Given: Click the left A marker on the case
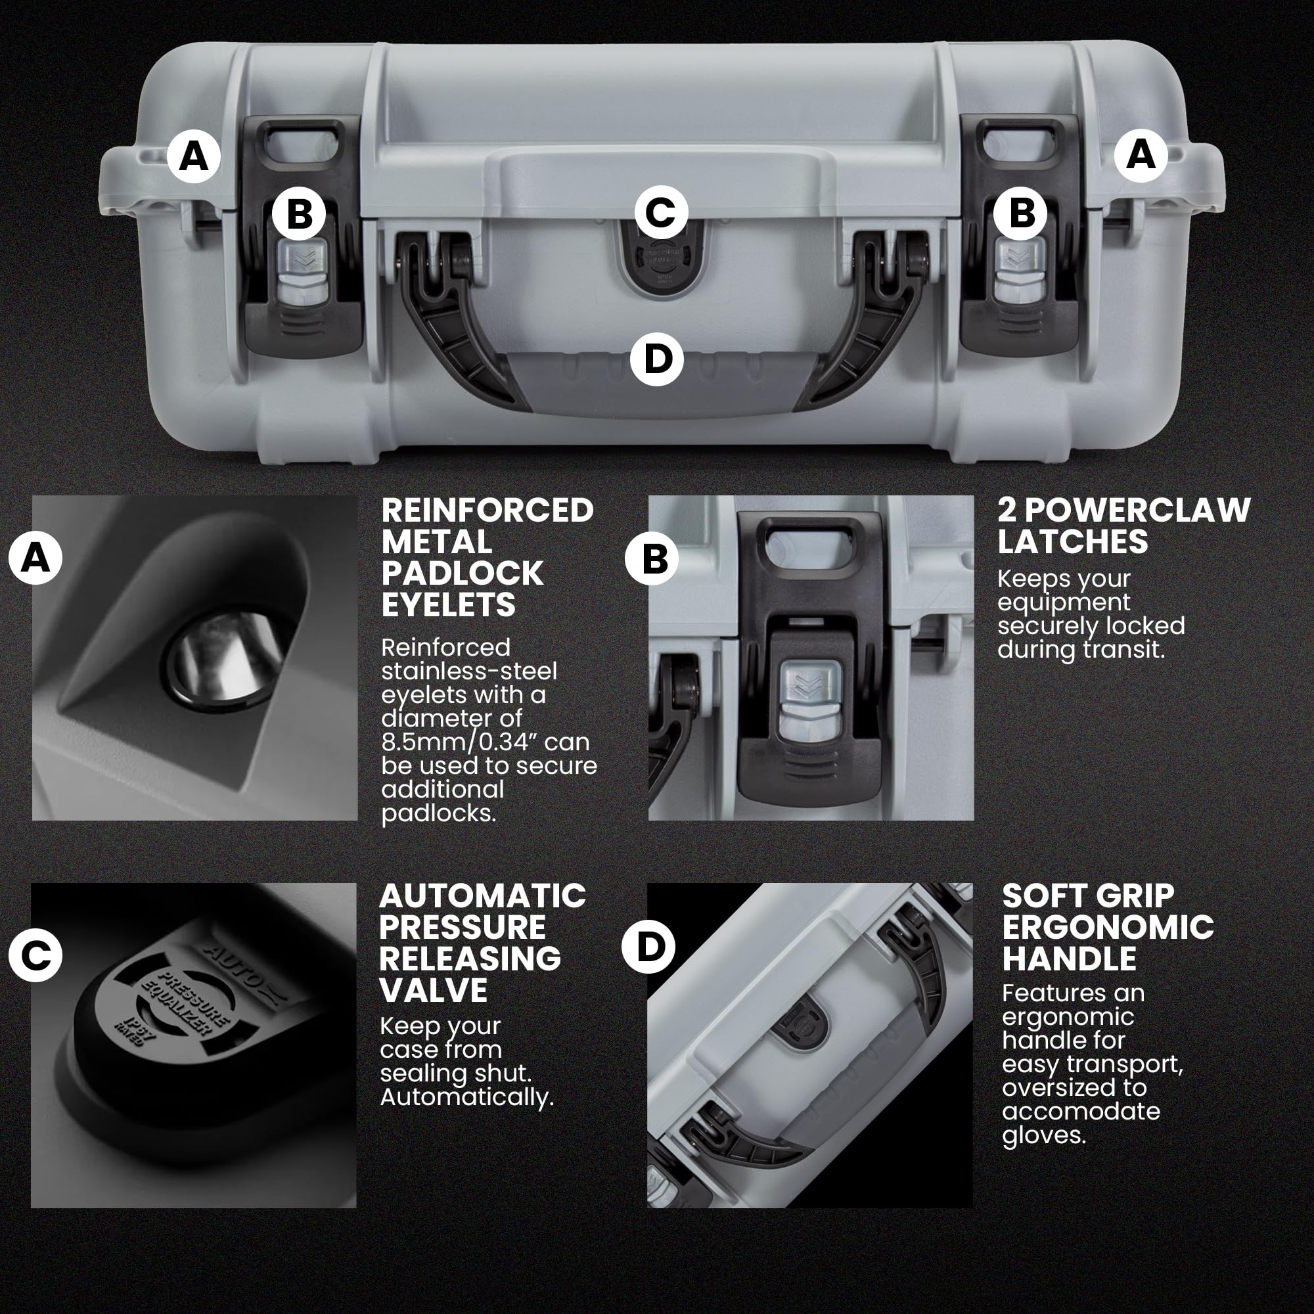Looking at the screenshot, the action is [x=194, y=156].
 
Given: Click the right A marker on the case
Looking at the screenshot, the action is [x=1141, y=155].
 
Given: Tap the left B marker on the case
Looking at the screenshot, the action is [x=299, y=213].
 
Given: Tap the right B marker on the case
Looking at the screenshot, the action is [x=1020, y=213].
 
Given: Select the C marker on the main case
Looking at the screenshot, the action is [x=660, y=212].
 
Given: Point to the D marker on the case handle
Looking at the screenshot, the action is [x=657, y=359].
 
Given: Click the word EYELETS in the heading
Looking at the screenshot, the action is [x=448, y=604].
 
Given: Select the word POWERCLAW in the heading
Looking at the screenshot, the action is [x=1138, y=510].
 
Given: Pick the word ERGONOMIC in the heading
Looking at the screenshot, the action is [x=1108, y=927].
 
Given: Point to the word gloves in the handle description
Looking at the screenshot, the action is [x=1043, y=1136].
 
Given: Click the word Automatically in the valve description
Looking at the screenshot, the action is [x=466, y=1097].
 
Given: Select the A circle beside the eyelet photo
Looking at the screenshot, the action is [x=35, y=558].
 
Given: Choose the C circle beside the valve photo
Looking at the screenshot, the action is [x=35, y=955].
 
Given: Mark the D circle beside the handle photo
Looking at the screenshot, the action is [x=649, y=946].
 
